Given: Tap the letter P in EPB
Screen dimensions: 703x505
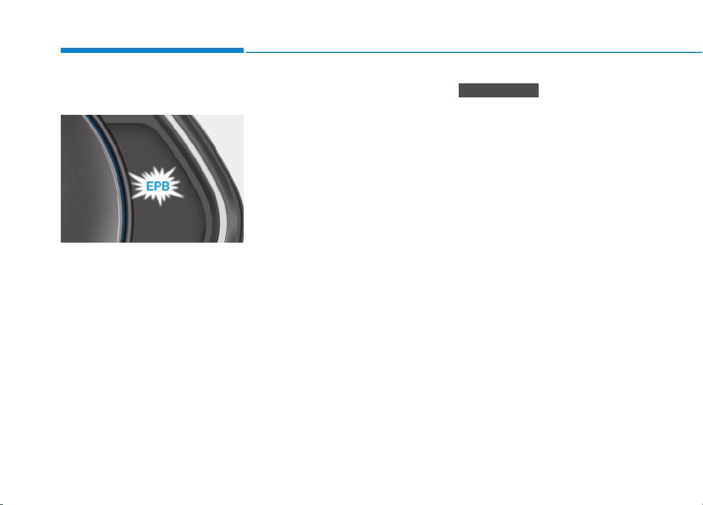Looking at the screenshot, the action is tap(157, 186).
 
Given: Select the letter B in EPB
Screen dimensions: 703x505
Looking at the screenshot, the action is tap(165, 186).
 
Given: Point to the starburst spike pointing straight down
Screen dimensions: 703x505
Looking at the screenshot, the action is tap(160, 201).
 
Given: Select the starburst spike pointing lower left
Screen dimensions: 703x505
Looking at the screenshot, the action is tap(137, 195).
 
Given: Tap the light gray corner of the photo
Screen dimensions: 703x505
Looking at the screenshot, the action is tap(226, 138).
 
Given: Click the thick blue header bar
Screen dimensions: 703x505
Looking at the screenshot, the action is tap(152, 51).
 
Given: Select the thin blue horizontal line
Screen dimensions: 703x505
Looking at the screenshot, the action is tap(474, 52).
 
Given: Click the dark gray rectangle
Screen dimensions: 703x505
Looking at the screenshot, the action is tap(499, 91).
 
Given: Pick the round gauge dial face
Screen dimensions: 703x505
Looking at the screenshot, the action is tap(89, 179).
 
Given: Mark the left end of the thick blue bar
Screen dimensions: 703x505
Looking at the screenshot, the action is tap(61, 51).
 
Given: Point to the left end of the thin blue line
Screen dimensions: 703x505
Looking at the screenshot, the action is tap(246, 52).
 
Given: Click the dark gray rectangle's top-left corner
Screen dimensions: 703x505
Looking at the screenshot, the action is tap(459, 83).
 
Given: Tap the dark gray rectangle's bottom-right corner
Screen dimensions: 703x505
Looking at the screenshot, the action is tap(539, 97).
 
